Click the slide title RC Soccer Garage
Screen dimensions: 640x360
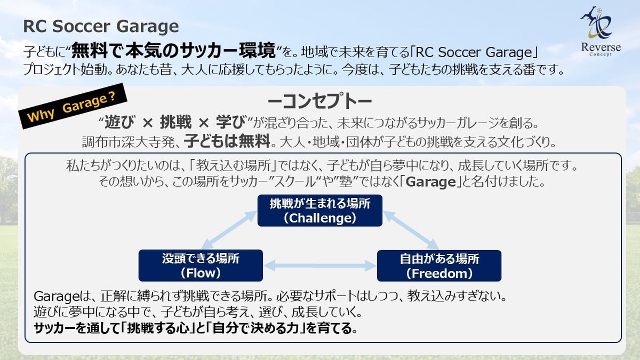[x=101, y=26]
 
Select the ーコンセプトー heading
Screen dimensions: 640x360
[x=320, y=101]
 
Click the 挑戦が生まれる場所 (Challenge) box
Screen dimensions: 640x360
[x=320, y=210]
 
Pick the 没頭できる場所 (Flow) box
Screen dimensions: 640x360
[x=201, y=266]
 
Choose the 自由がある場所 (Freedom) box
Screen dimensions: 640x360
[x=439, y=266]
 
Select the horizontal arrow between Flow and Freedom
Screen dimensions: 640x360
[x=320, y=265]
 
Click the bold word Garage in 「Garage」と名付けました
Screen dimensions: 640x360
[x=430, y=181]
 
